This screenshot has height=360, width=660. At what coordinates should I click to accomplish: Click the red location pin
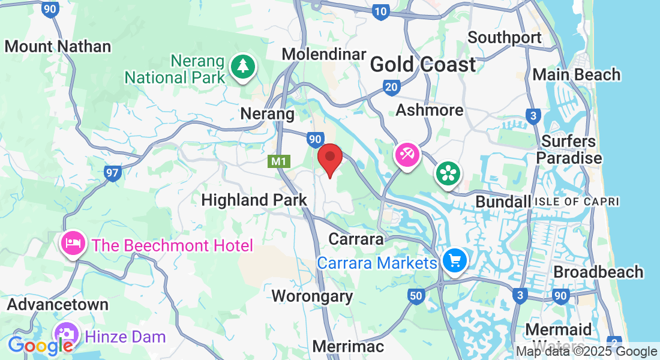click(329, 158)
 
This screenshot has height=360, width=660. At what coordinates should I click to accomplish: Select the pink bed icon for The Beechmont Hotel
click(73, 244)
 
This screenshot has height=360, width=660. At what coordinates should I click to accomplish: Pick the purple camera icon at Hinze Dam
click(65, 334)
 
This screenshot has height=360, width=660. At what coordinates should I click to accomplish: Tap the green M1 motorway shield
click(277, 161)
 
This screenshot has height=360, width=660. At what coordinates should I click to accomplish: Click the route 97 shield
click(112, 173)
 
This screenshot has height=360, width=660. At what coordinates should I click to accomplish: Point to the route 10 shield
click(380, 11)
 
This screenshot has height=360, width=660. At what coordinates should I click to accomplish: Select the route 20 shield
click(392, 88)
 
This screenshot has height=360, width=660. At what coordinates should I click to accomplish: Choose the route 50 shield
click(416, 295)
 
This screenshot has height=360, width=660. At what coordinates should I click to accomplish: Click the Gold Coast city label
click(423, 64)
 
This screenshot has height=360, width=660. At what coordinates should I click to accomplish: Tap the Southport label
click(505, 37)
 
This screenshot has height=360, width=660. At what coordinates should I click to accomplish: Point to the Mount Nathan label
click(58, 46)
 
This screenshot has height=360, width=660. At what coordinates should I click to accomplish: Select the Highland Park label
click(254, 200)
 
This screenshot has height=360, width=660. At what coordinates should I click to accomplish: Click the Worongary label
click(312, 296)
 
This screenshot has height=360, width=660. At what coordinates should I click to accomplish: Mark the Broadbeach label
click(598, 272)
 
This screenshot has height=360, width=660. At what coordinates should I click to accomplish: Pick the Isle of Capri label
click(576, 202)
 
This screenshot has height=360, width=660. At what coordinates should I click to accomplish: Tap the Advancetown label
click(58, 304)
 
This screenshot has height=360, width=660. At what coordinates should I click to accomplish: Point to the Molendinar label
click(324, 54)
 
